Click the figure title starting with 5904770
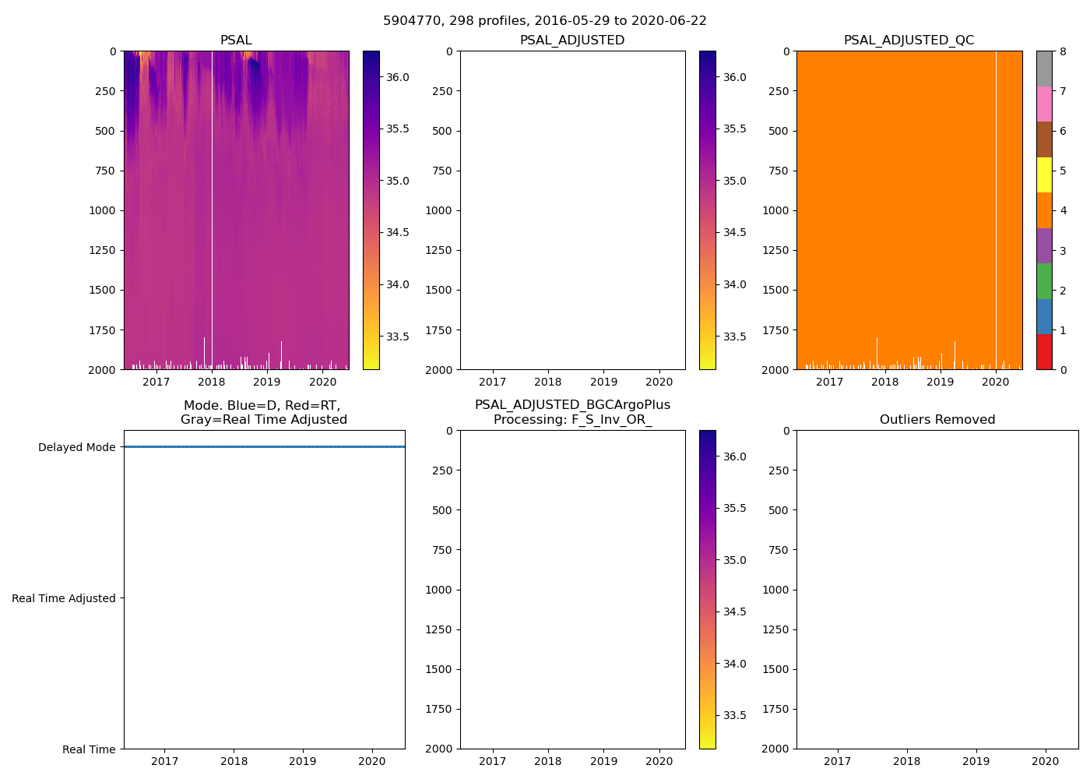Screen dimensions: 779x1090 coord(544,21)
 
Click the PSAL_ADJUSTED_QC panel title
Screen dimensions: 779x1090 coord(909,41)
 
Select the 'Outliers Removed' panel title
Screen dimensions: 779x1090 coord(937,420)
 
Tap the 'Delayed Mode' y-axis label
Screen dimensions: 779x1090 coord(76,447)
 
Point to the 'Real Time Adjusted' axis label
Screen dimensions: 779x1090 coord(64,598)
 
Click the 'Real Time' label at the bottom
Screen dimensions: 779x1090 coord(89,749)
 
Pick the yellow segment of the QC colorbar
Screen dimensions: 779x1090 coord(1044,174)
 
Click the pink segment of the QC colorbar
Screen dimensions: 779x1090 coord(1044,104)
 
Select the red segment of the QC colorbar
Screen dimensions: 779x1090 coord(1044,351)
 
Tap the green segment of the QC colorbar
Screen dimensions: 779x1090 coord(1044,281)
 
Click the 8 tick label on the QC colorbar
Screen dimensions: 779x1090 coord(1063,51)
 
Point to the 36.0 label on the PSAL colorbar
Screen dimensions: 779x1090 coord(398,77)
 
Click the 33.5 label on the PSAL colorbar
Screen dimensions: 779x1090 coord(398,337)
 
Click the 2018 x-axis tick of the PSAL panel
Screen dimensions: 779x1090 coord(212,382)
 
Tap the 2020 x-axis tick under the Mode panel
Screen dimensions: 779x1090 coord(372,761)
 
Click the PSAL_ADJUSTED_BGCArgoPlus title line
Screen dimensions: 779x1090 coord(572,405)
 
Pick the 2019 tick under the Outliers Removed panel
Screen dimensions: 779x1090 coord(976,761)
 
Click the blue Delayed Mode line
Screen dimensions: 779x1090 coord(264,447)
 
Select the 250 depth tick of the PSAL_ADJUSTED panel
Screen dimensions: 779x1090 coord(440,91)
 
